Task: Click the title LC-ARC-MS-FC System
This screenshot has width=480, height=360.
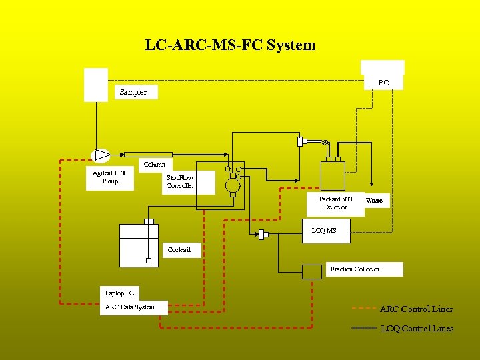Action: [x=230, y=45]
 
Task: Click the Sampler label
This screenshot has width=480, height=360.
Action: [x=133, y=92]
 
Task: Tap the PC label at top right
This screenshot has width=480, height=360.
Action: [x=383, y=83]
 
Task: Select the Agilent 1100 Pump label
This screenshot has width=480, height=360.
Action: [x=110, y=177]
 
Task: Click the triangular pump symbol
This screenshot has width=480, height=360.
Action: [x=101, y=155]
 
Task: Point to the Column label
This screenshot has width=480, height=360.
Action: [x=155, y=164]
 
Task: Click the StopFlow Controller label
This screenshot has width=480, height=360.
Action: [x=180, y=182]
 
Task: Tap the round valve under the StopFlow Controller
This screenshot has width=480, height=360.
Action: [x=232, y=185]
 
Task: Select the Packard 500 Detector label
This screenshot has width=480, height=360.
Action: [x=335, y=203]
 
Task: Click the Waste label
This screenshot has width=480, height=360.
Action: [x=374, y=201]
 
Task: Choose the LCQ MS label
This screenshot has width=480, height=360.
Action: [x=324, y=231]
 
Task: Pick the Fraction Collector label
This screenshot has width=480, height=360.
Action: [x=355, y=269]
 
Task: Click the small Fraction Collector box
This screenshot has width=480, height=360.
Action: [x=311, y=271]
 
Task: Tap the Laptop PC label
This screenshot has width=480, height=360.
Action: [x=119, y=293]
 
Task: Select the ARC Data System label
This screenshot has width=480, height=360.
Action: [x=129, y=307]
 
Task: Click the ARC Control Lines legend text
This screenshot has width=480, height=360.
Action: [x=416, y=309]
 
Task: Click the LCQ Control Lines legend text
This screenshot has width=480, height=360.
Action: [x=417, y=328]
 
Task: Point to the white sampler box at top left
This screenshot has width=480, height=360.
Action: [x=95, y=85]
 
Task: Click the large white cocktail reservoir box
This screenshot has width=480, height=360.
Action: [x=139, y=245]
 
